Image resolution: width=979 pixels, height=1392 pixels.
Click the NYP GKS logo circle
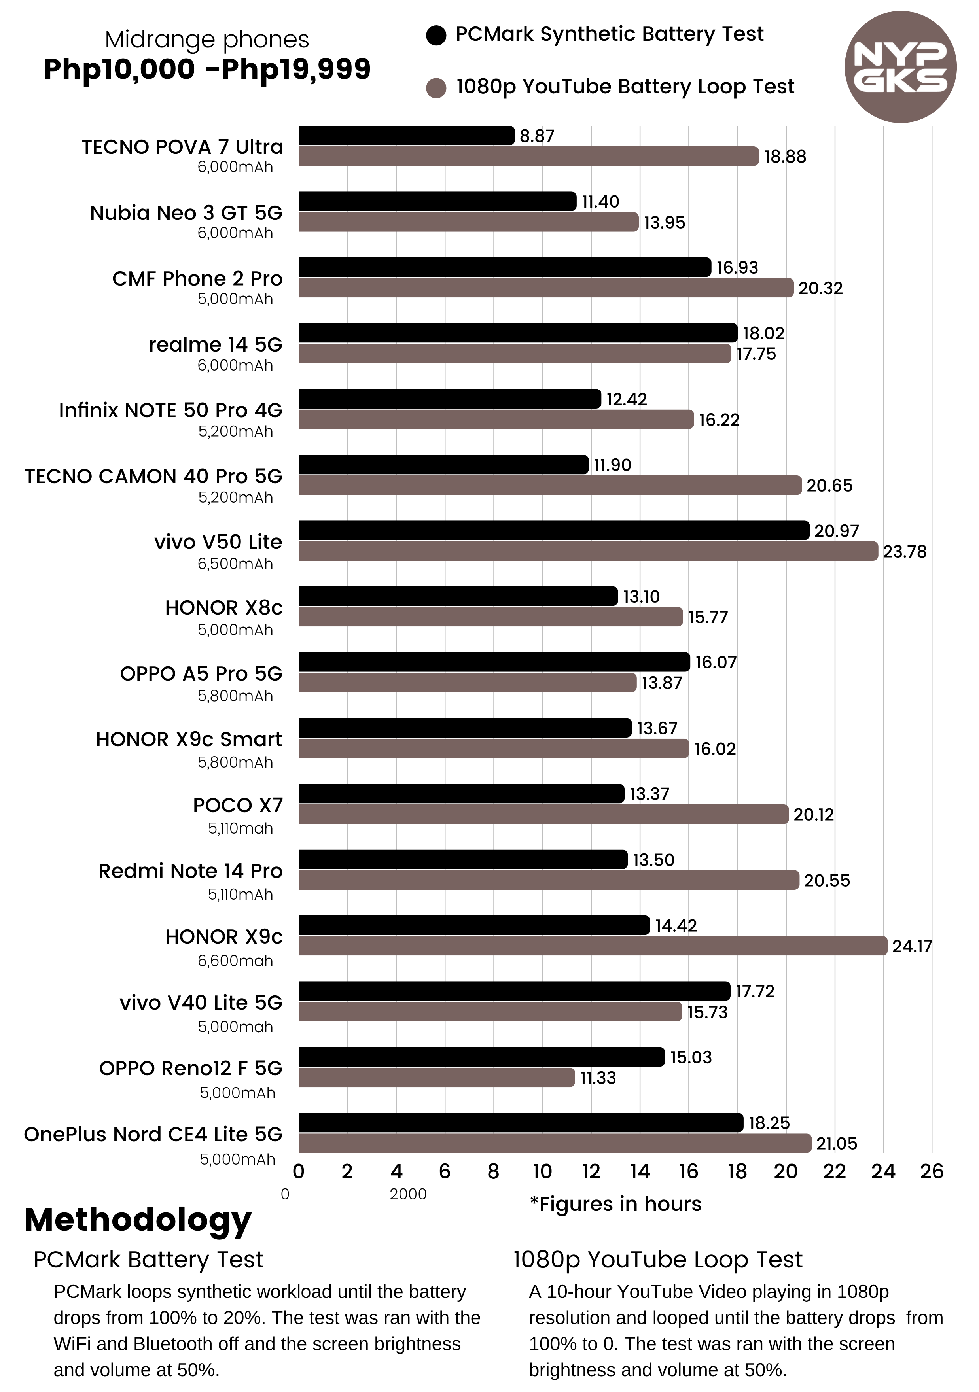pos(900,67)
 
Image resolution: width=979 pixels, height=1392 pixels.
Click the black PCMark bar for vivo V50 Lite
pos(553,530)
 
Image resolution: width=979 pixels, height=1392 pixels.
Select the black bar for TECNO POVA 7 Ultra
pos(406,136)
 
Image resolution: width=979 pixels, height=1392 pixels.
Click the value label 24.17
pos(912,946)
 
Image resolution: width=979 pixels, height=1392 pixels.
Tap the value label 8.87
pos(537,136)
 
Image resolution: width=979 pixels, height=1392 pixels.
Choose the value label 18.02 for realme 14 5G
pos(763,333)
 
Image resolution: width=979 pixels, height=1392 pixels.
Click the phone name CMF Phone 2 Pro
pos(197,278)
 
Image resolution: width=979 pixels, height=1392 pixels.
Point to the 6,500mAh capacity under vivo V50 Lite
pos(235,564)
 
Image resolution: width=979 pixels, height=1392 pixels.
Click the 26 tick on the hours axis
pos(932,1171)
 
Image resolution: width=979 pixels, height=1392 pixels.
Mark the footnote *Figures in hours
pos(615,1204)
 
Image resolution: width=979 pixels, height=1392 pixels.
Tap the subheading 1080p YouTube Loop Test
pos(657,1260)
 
